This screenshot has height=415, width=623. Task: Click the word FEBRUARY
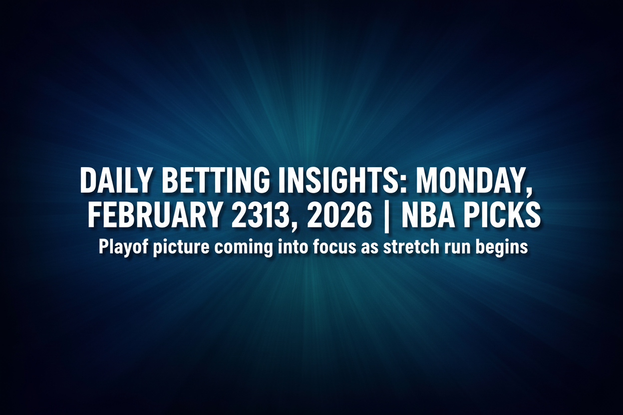[x=154, y=216]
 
